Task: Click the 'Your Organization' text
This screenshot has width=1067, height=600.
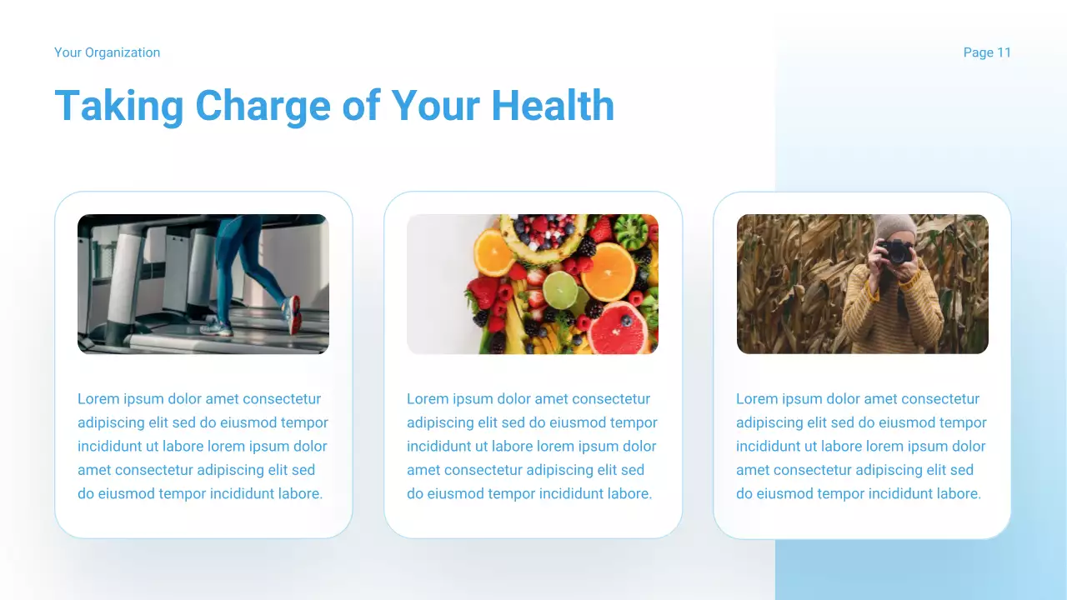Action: pyautogui.click(x=107, y=52)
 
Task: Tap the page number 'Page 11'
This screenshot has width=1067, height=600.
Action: pyautogui.click(x=987, y=52)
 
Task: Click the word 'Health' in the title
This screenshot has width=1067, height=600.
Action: pyautogui.click(x=553, y=106)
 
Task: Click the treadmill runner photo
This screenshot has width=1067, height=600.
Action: pyautogui.click(x=203, y=284)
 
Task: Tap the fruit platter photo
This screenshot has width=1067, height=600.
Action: pyautogui.click(x=533, y=284)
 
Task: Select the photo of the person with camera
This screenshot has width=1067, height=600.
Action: pyautogui.click(x=862, y=284)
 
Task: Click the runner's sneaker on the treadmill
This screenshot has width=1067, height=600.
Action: pyautogui.click(x=290, y=315)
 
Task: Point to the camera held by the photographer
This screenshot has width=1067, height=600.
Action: pyautogui.click(x=895, y=251)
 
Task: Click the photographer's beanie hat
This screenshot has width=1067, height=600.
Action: pyautogui.click(x=895, y=226)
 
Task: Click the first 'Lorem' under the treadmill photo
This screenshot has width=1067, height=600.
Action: pyautogui.click(x=98, y=399)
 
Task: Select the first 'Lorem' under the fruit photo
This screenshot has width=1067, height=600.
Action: pyautogui.click(x=428, y=399)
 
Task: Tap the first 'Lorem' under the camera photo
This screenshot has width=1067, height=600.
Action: pyautogui.click(x=757, y=399)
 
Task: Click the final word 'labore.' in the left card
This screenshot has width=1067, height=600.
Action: pyautogui.click(x=300, y=493)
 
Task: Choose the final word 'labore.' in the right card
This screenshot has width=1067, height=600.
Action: pyautogui.click(x=959, y=493)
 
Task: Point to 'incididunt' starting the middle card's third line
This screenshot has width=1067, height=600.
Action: pyautogui.click(x=439, y=447)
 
